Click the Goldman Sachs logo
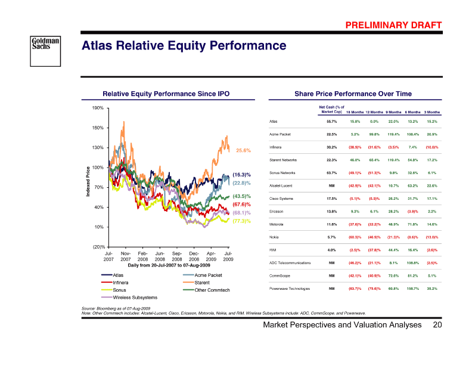coord(46,46)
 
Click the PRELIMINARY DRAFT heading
coord(394,24)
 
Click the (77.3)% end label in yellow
coord(241,221)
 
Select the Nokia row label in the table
coord(276,237)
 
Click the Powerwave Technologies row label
coord(291,289)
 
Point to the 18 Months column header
coord(355,112)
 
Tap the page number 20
coord(437,326)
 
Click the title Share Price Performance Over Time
coord(353,94)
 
